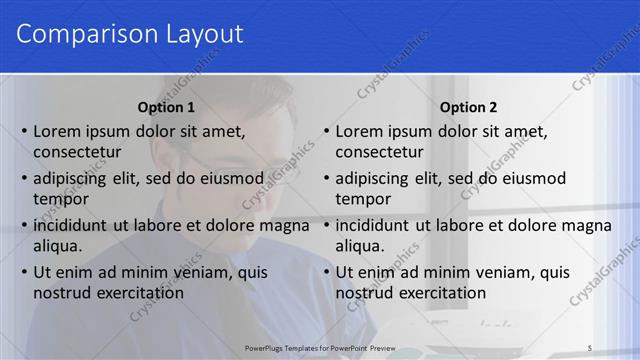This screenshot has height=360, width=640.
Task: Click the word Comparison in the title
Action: (81, 34)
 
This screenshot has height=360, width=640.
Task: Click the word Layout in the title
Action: (199, 34)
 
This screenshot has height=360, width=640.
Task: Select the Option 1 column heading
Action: (165, 107)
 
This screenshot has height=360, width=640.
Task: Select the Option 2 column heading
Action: (468, 107)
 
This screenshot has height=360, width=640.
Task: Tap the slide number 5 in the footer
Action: (590, 347)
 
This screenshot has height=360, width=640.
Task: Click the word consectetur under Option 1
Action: (77, 152)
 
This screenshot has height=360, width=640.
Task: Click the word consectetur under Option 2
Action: (379, 152)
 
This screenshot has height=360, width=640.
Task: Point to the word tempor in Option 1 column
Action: (58, 199)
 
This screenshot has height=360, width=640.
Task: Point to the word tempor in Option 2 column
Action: (360, 199)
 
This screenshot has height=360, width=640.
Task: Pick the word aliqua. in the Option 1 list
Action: (57, 246)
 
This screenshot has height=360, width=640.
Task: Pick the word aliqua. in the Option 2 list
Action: (359, 246)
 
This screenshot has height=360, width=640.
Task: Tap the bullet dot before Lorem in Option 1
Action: (24, 131)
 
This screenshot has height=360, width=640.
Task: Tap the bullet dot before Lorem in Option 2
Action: (326, 131)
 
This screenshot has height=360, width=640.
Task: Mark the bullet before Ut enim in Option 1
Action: (24, 272)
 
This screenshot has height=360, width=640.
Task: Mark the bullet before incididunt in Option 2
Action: (326, 225)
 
